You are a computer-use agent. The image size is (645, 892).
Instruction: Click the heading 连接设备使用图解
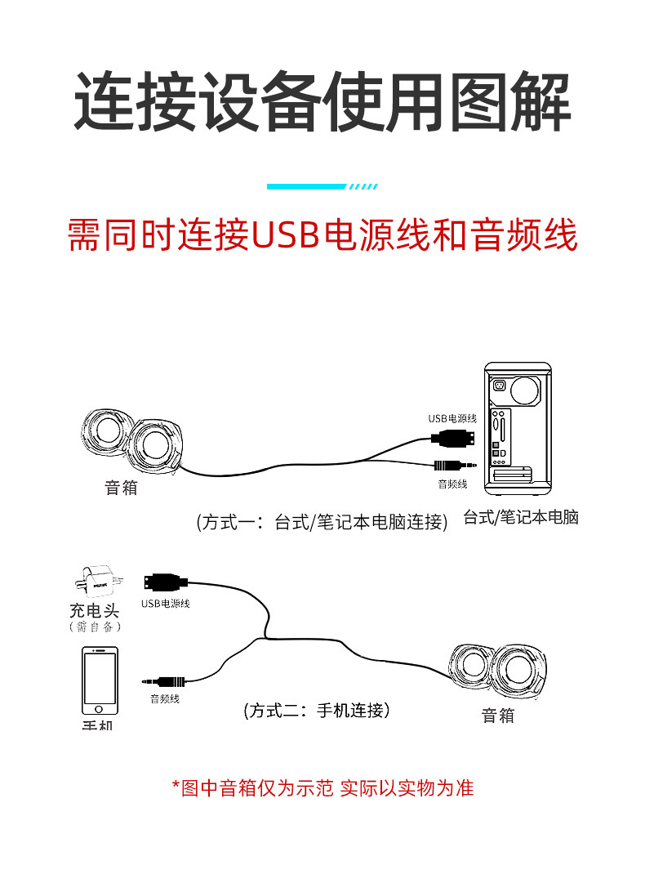[322, 102]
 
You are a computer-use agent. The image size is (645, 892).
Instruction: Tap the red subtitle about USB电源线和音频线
[322, 234]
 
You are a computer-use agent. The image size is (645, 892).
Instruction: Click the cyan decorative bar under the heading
[307, 187]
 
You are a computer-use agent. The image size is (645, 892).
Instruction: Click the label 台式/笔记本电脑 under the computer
[520, 517]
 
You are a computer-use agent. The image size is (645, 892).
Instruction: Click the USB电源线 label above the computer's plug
[452, 418]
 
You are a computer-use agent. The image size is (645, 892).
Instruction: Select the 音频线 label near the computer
[452, 484]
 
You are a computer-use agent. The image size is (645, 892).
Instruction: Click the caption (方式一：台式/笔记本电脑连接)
[322, 522]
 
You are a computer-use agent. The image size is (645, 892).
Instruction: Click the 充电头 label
[95, 610]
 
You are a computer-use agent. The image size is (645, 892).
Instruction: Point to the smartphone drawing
[99, 680]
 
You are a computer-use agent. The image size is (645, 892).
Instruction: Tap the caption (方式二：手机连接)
[317, 711]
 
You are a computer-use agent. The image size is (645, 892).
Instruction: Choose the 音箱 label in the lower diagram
[498, 716]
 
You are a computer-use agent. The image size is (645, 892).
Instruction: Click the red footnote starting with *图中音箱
[322, 788]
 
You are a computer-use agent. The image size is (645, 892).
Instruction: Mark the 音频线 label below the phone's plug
[164, 699]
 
